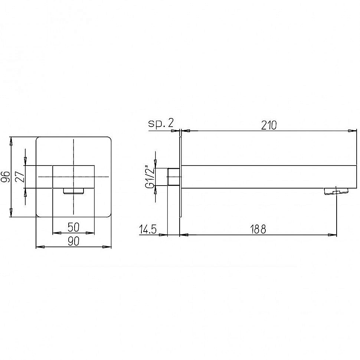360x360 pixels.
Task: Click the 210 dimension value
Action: (269, 125)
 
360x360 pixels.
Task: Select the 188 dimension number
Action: (258, 229)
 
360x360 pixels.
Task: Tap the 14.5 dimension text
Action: (148, 229)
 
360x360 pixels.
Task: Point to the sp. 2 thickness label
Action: (161, 123)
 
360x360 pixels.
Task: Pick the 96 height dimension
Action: (5, 177)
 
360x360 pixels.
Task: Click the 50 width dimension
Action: (73, 227)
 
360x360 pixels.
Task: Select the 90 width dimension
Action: (73, 241)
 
